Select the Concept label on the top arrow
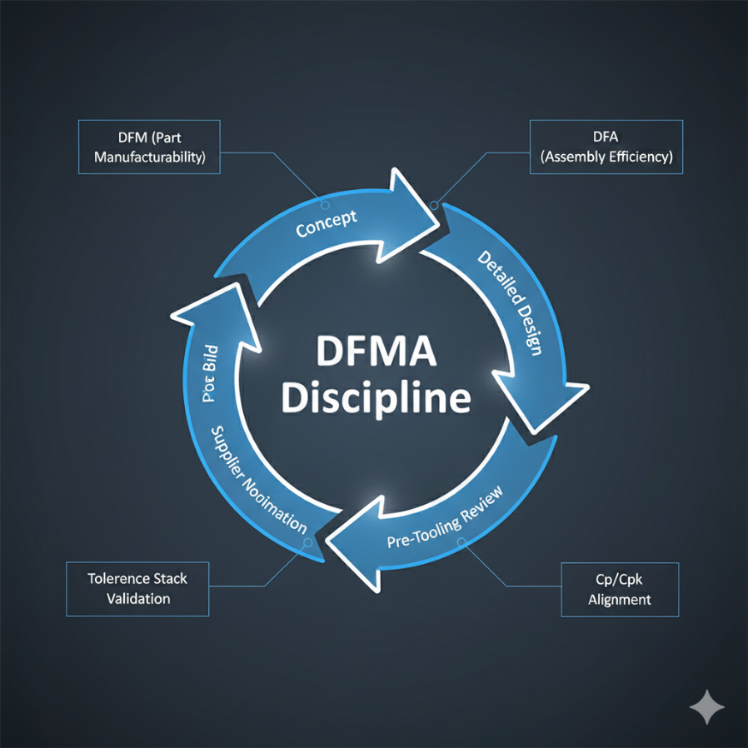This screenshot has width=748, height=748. (327, 223)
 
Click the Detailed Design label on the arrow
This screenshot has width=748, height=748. (511, 303)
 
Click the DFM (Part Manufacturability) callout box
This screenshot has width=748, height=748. (149, 147)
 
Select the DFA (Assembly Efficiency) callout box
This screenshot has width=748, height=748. (606, 147)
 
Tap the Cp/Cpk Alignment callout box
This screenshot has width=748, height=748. (619, 589)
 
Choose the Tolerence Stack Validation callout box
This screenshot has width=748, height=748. (137, 588)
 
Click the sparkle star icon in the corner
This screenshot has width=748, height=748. (707, 707)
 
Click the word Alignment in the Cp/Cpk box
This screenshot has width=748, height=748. (619, 600)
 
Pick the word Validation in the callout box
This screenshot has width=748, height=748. (137, 598)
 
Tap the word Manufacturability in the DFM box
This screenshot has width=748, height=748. (149, 157)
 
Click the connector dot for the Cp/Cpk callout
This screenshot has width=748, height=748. (461, 543)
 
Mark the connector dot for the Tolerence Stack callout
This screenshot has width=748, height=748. (308, 542)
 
